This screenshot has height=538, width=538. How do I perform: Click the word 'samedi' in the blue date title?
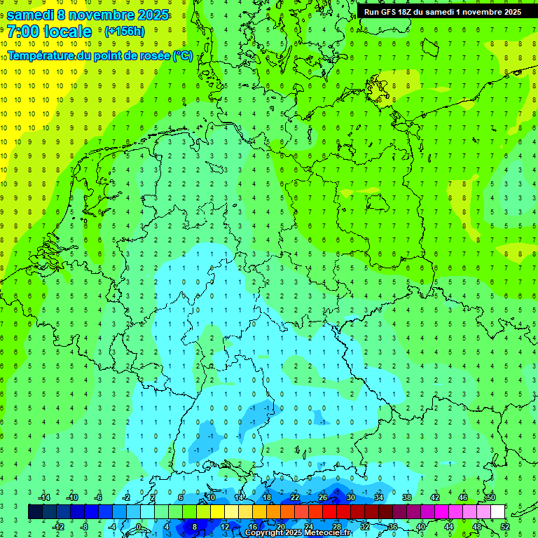(31, 14)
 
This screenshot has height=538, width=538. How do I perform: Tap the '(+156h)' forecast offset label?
(124, 31)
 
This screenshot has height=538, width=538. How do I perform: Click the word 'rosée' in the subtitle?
(150, 55)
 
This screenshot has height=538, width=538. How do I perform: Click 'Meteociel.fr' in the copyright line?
(327, 533)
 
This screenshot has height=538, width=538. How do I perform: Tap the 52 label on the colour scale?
(505, 526)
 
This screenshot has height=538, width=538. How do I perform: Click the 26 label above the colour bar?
(322, 497)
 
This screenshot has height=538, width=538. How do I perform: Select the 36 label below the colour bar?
(392, 526)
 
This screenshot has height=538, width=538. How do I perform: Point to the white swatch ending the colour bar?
(497, 511)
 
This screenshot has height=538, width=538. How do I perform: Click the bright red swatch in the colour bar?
(329, 511)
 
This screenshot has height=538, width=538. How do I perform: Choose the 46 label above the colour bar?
(462, 497)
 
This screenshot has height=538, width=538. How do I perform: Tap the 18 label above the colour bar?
(267, 497)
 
